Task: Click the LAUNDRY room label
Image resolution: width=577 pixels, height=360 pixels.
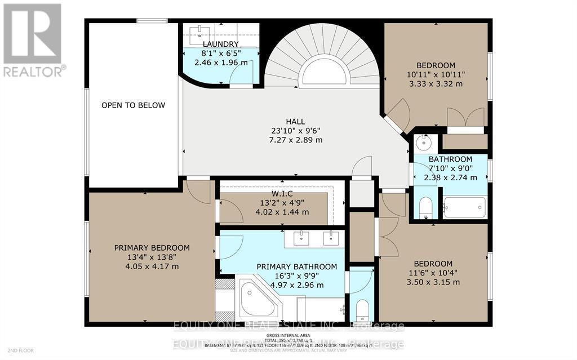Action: pyautogui.click(x=221, y=44)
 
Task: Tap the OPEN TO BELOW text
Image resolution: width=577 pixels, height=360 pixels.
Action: pyautogui.click(x=134, y=105)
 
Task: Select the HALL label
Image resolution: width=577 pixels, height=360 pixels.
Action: pyautogui.click(x=295, y=121)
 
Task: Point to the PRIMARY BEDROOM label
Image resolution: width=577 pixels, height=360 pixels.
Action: pyautogui.click(x=152, y=248)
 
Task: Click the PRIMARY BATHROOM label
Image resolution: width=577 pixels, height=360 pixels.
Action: pyautogui.click(x=296, y=266)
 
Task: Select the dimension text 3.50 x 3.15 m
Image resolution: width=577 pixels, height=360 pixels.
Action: pyautogui.click(x=433, y=282)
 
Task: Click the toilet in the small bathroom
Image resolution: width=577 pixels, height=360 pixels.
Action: pyautogui.click(x=426, y=208)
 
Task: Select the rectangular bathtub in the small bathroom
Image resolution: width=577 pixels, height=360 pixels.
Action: pyautogui.click(x=464, y=207)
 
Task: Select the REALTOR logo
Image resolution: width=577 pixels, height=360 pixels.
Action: pyautogui.click(x=33, y=40)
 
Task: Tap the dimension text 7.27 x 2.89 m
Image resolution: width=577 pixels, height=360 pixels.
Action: pyautogui.click(x=295, y=140)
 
